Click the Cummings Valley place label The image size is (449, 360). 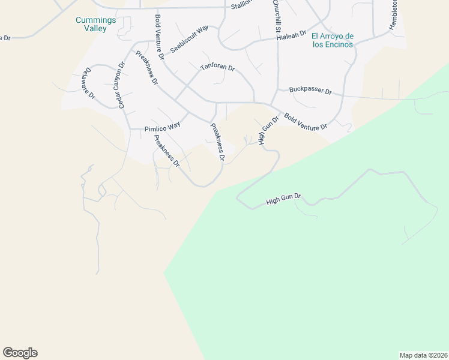click(x=91, y=24)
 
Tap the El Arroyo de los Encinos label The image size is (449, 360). click(x=333, y=40)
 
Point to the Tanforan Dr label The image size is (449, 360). click(x=217, y=67)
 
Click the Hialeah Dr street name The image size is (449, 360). click(x=292, y=36)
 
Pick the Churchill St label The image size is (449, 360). click(x=277, y=16)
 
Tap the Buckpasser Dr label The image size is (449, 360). click(x=310, y=91)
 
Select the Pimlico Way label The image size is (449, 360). click(x=162, y=127)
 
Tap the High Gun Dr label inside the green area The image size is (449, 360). click(x=283, y=200)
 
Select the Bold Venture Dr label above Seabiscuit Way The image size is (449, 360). click(x=159, y=37)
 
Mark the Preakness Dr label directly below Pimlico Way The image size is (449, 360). click(x=166, y=151)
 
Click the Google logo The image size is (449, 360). click(x=20, y=353)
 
